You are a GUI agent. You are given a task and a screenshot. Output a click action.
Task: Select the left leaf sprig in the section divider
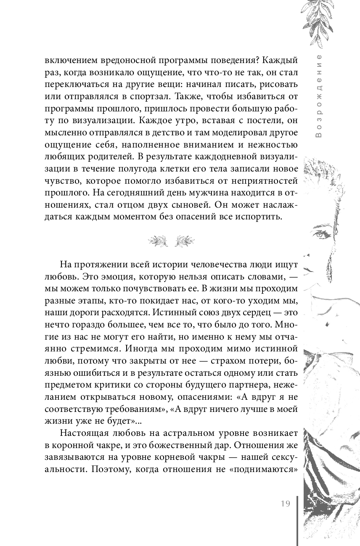(158, 240)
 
